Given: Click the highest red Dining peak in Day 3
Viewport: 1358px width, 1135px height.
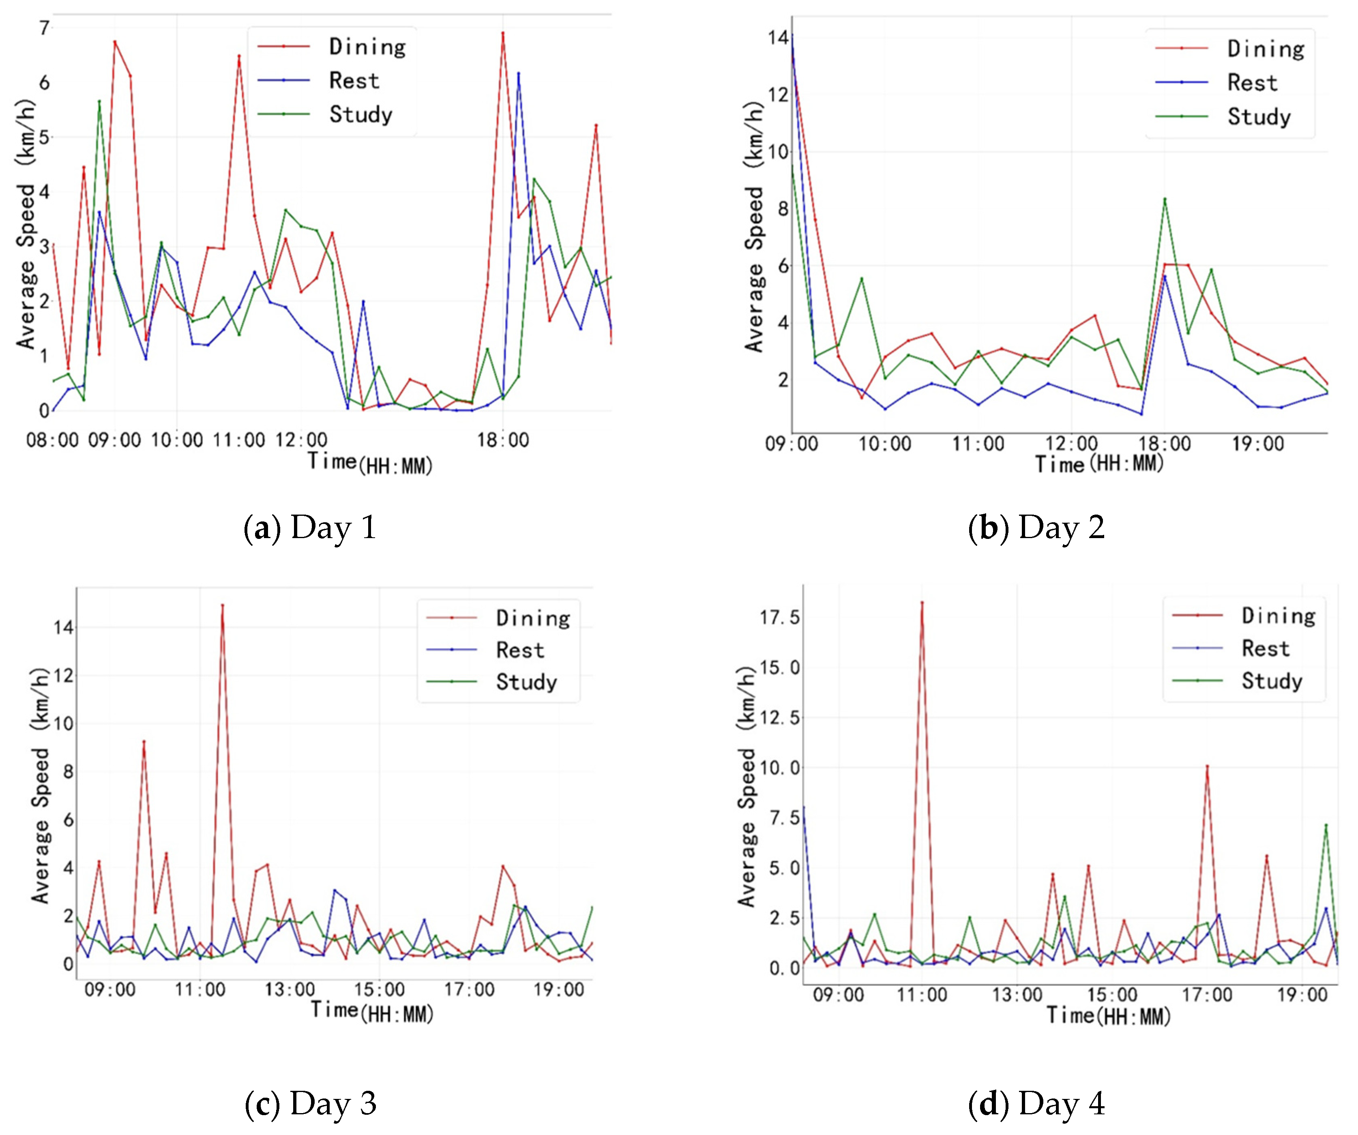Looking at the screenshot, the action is (x=223, y=605).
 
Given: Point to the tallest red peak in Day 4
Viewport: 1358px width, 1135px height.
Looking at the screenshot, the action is (x=922, y=603).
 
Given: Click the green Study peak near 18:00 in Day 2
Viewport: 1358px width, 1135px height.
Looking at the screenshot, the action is (x=1165, y=199).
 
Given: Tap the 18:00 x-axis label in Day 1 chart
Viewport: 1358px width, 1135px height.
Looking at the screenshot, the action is (x=503, y=440).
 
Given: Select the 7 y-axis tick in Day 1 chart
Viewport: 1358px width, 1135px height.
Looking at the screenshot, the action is (x=44, y=28).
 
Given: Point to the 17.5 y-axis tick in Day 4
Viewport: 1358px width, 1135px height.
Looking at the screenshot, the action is (x=779, y=617).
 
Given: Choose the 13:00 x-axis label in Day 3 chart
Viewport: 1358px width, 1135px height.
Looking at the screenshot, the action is (x=290, y=989).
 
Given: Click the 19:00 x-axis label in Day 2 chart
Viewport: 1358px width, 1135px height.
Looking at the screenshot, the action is (x=1258, y=444).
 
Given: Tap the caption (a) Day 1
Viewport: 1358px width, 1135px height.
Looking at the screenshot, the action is (x=310, y=527).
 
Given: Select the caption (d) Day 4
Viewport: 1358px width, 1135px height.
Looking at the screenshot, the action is (x=1036, y=1103).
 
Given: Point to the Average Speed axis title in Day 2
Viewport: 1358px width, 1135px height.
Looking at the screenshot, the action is (x=755, y=226).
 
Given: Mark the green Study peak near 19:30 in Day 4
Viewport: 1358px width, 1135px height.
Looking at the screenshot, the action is (x=1326, y=825).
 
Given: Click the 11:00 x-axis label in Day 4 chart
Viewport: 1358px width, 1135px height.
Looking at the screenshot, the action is (x=922, y=995).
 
